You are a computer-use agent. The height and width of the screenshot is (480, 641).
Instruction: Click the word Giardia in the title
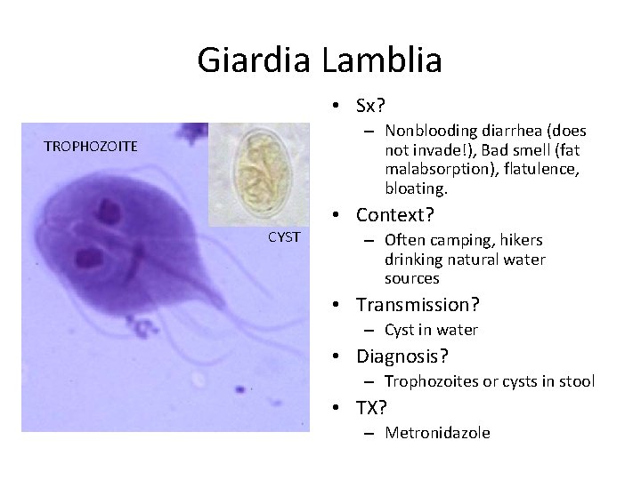click(x=250, y=60)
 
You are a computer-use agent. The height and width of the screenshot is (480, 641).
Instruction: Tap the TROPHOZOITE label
click(x=92, y=146)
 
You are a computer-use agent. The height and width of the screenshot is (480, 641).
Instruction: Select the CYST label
click(x=284, y=236)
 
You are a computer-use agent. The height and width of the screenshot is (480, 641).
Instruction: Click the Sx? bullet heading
click(x=369, y=106)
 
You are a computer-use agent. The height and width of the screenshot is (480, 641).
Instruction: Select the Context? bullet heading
click(x=394, y=214)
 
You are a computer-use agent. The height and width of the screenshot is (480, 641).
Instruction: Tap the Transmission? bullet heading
click(x=418, y=305)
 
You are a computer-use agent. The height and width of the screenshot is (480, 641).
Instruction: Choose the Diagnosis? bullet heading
click(x=402, y=356)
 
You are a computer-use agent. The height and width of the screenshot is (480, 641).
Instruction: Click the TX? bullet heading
click(x=372, y=408)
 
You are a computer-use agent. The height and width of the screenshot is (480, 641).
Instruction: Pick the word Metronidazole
click(x=437, y=433)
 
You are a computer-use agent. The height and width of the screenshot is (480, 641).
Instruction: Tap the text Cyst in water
click(x=431, y=330)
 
